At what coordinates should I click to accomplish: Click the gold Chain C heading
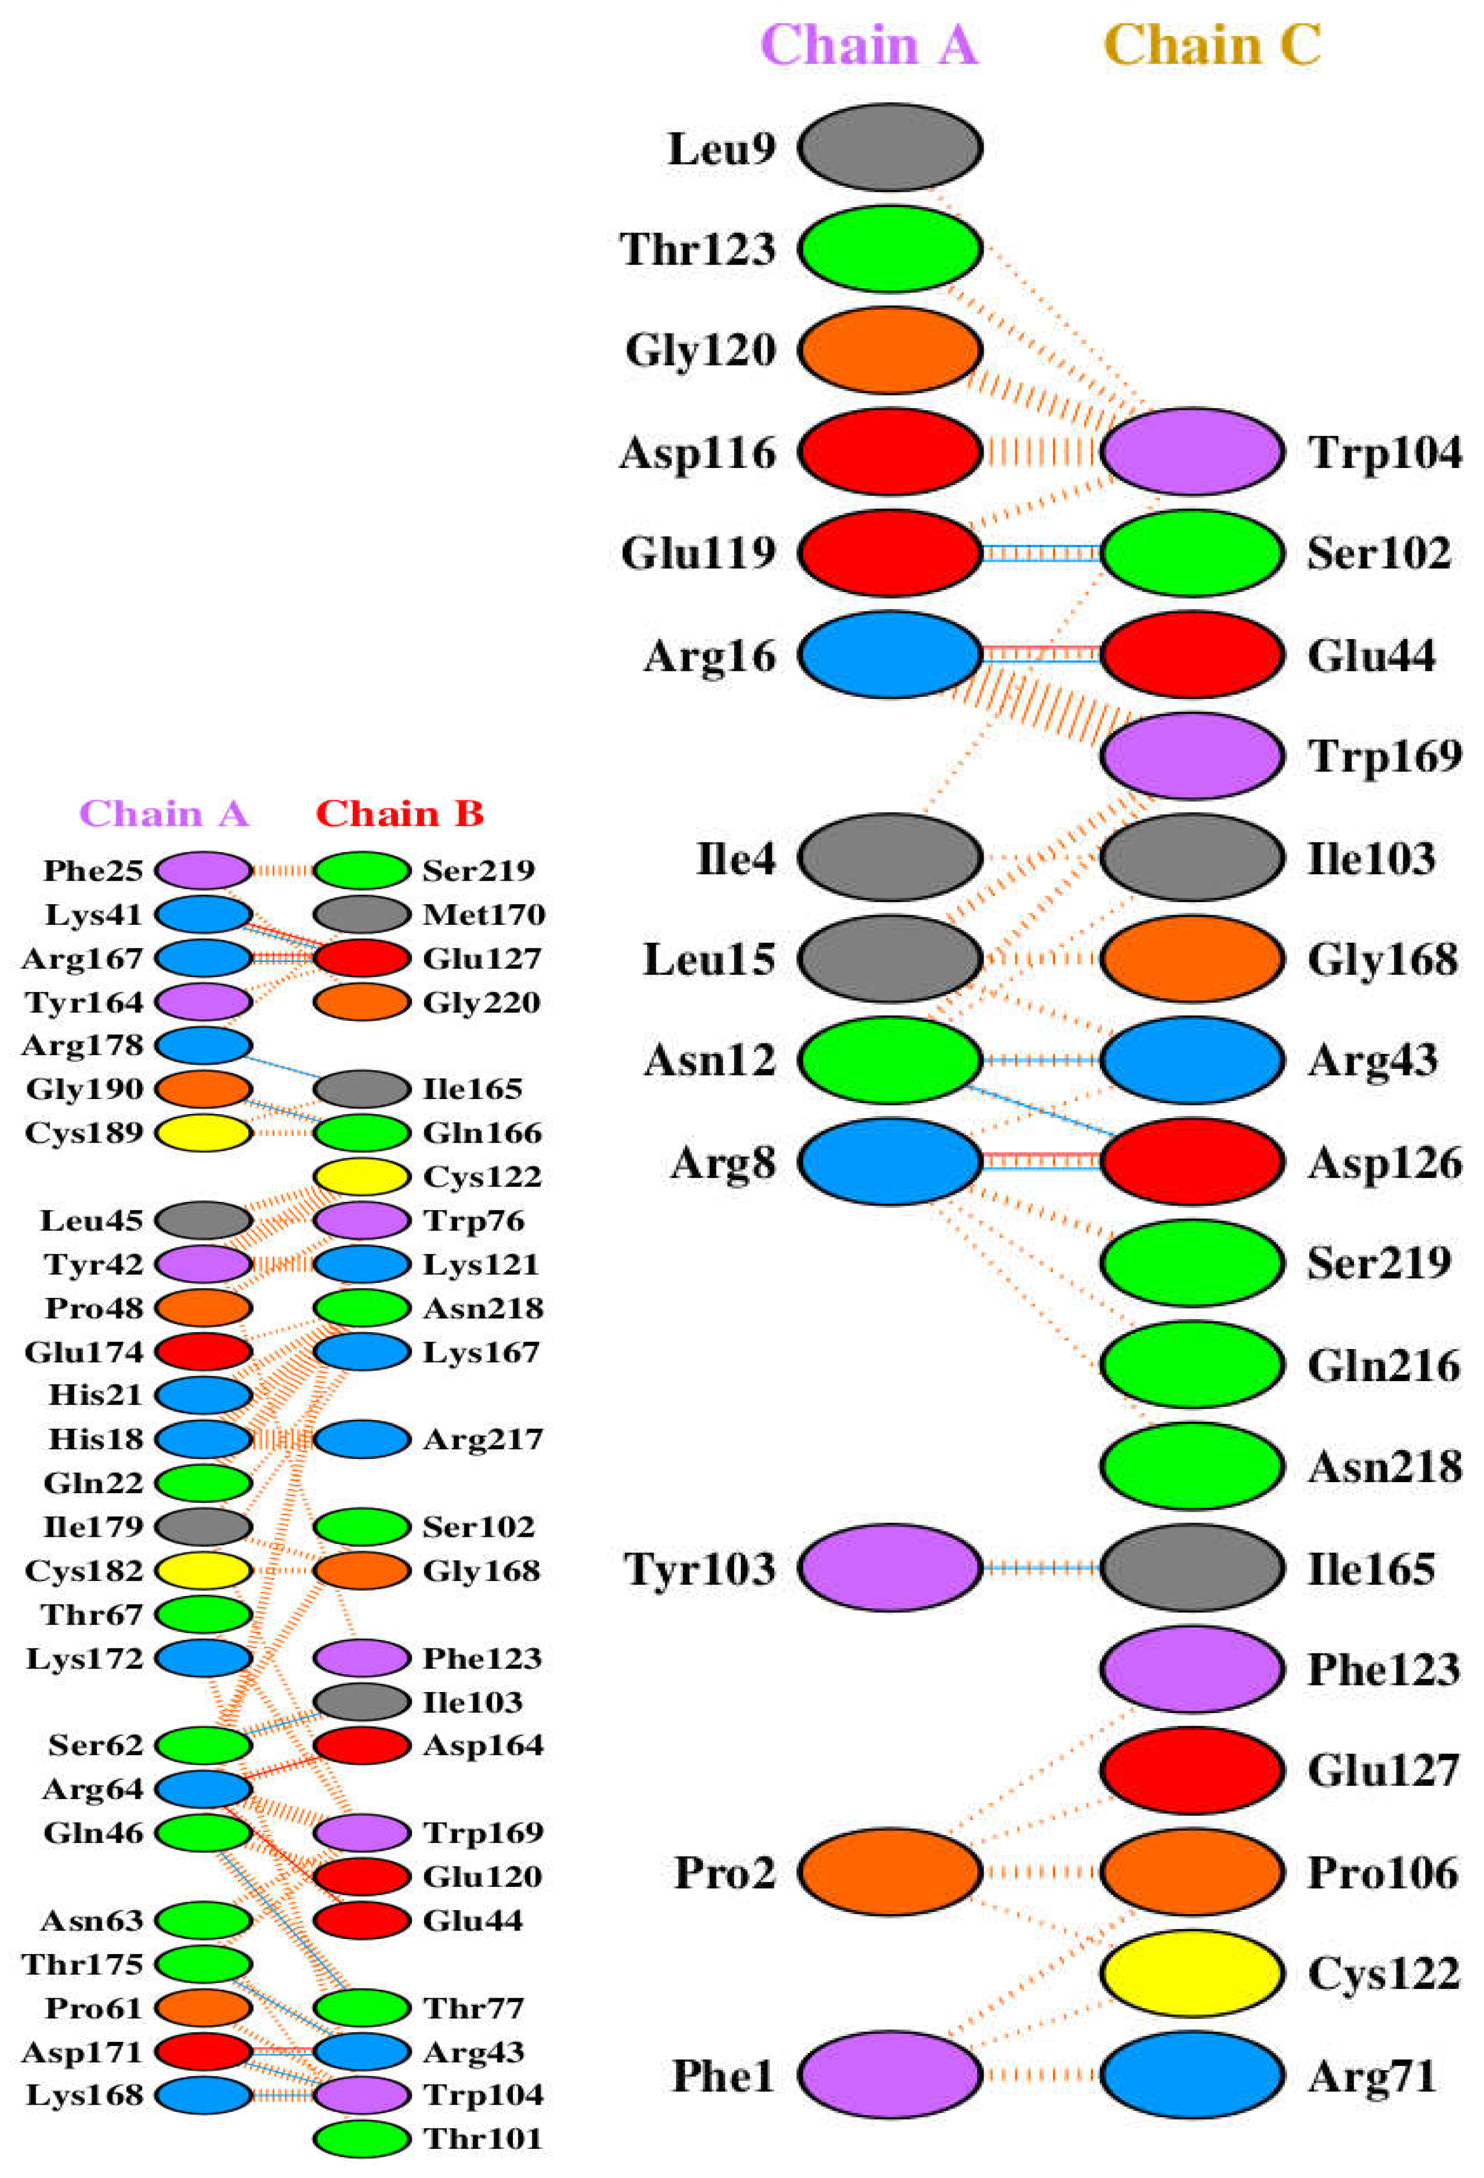click(1212, 45)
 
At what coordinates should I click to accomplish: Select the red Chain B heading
click(400, 813)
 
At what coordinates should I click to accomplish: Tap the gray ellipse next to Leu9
click(890, 147)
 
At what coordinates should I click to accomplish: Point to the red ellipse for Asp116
click(890, 452)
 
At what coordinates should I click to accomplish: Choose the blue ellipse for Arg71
click(1192, 2075)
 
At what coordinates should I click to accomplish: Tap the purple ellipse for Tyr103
click(890, 1568)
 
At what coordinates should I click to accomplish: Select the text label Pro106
click(1383, 1872)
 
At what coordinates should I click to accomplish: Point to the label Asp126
click(1385, 1163)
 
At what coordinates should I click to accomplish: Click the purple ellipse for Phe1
click(890, 2075)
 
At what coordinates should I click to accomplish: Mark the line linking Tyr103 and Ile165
click(1041, 1568)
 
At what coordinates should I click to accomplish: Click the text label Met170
click(483, 915)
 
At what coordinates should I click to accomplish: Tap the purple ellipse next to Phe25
click(203, 871)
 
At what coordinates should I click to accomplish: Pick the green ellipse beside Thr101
click(362, 2139)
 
